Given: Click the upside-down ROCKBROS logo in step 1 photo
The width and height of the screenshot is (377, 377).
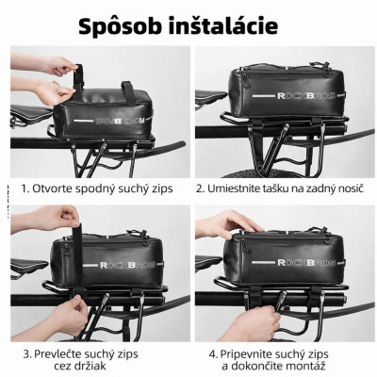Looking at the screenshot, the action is click(122, 120).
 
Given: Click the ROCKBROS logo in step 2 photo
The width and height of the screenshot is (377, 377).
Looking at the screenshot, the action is click(305, 95).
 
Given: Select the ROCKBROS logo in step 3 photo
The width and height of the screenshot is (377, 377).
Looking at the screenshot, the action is click(127, 265).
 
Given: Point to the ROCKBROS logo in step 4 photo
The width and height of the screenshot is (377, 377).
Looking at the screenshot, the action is click(305, 262).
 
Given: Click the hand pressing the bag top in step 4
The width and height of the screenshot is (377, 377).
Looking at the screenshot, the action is click(227, 223).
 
